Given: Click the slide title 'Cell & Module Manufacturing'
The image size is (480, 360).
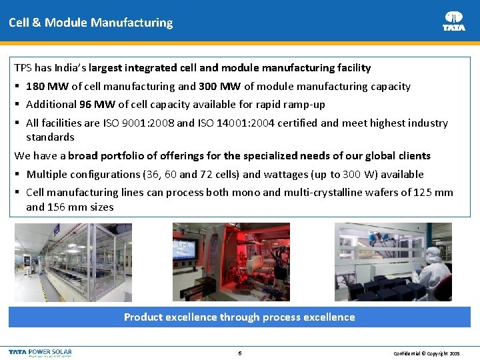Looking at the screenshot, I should (91, 23).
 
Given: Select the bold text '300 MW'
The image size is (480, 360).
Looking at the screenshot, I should (220, 86).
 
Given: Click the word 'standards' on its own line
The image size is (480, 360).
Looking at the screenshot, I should (50, 137).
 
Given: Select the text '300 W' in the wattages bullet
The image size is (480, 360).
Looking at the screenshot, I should (358, 174).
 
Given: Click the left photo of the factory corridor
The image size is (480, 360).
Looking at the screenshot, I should (73, 262).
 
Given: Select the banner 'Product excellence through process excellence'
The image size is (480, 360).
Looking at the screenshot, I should (239, 317).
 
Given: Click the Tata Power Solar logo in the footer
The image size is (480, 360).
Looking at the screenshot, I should (41, 352).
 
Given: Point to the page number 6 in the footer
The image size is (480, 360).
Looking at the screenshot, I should (239, 353).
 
